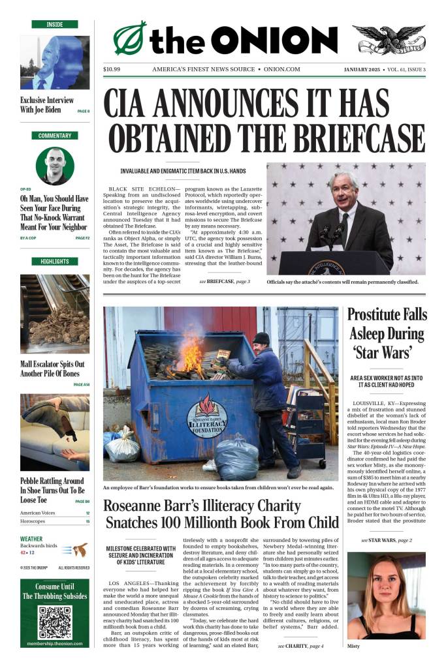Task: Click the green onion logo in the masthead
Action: coord(130,38)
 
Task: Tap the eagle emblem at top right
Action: coord(389,40)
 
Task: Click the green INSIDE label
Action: coord(55,24)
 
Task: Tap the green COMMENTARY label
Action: coord(55,136)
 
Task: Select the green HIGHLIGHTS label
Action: coord(55,262)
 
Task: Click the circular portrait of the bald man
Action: coord(55,165)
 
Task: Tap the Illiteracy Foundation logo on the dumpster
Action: coord(207,416)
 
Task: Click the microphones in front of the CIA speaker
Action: coord(333,232)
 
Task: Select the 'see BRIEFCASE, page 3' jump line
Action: coord(225,281)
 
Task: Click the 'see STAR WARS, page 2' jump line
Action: coord(387,540)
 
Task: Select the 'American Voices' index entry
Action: coord(38,513)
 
